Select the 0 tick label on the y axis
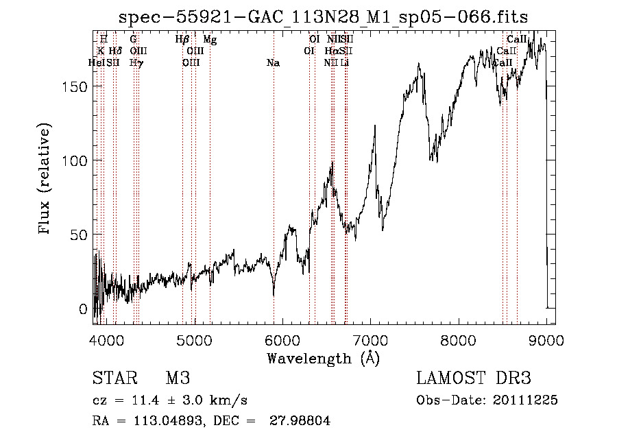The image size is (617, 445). pyautogui.click(x=83, y=309)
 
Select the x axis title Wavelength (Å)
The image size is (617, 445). pyautogui.click(x=323, y=358)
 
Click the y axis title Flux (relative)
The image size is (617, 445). pyautogui.click(x=46, y=180)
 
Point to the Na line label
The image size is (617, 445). pyautogui.click(x=273, y=63)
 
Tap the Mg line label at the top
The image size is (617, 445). pyautogui.click(x=210, y=40)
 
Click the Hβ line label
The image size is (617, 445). pyautogui.click(x=182, y=40)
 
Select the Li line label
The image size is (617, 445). pyautogui.click(x=346, y=63)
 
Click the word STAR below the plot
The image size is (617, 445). pyautogui.click(x=114, y=379)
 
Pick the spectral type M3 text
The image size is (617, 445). pyautogui.click(x=177, y=379)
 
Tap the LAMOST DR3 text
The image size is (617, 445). pyautogui.click(x=474, y=379)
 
